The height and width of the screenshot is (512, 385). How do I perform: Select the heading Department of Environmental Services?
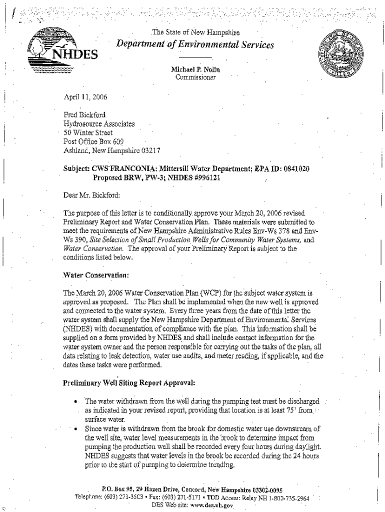coord(195,45)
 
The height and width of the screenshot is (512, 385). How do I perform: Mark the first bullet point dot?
coord(74,401)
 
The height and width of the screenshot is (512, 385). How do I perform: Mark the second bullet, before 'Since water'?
coord(74,428)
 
